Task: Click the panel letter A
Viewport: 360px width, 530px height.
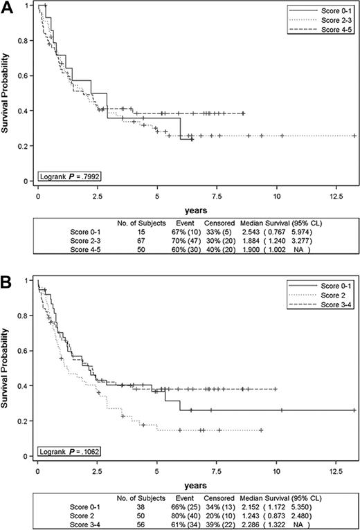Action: coord(6,6)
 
